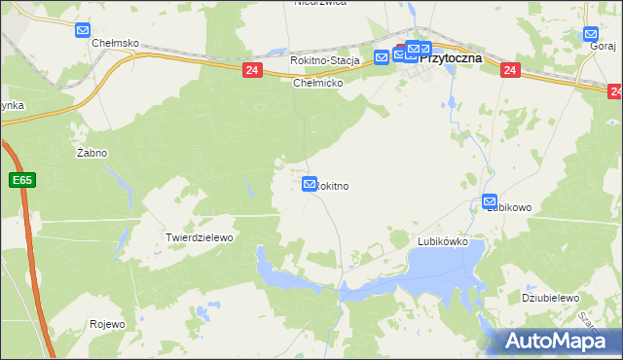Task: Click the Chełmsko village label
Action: (115, 44)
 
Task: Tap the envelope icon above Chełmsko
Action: (83, 30)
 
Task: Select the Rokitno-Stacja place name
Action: (325, 60)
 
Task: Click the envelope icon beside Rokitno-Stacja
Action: (382, 57)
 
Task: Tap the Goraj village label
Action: (598, 45)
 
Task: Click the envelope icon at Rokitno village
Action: (310, 183)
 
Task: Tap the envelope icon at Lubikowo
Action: (491, 201)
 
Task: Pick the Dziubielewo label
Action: (551, 298)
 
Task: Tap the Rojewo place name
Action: (107, 324)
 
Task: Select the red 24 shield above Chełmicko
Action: (252, 70)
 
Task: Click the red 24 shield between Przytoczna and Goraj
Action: (510, 70)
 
